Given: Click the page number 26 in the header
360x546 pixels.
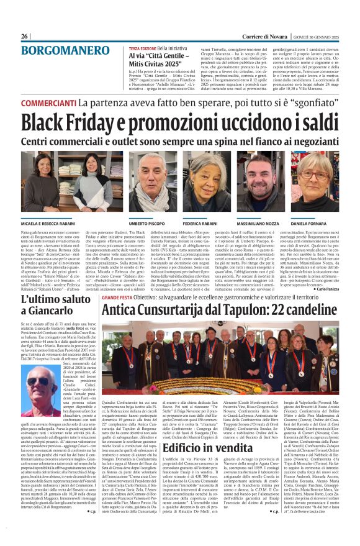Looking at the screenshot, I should (x=24, y=37).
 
